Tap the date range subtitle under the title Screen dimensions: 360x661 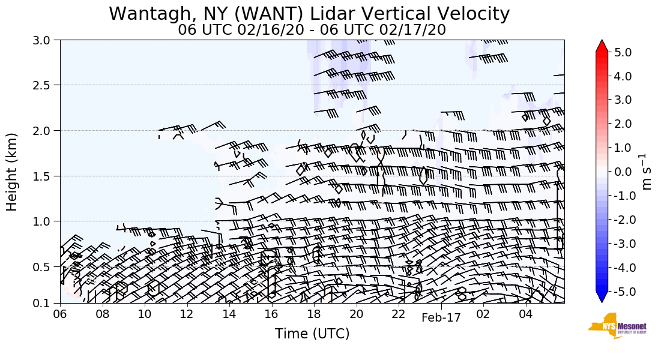click(312, 29)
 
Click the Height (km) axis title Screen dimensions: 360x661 click(13, 172)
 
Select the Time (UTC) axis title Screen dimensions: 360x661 click(312, 334)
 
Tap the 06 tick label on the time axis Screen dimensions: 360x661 click(60, 314)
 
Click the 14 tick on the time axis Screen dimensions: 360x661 click(229, 314)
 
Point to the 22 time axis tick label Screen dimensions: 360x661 click(399, 314)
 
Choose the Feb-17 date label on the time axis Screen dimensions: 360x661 click(441, 317)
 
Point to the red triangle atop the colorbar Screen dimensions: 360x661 click(602, 46)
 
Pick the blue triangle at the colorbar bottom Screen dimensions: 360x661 click(602, 297)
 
